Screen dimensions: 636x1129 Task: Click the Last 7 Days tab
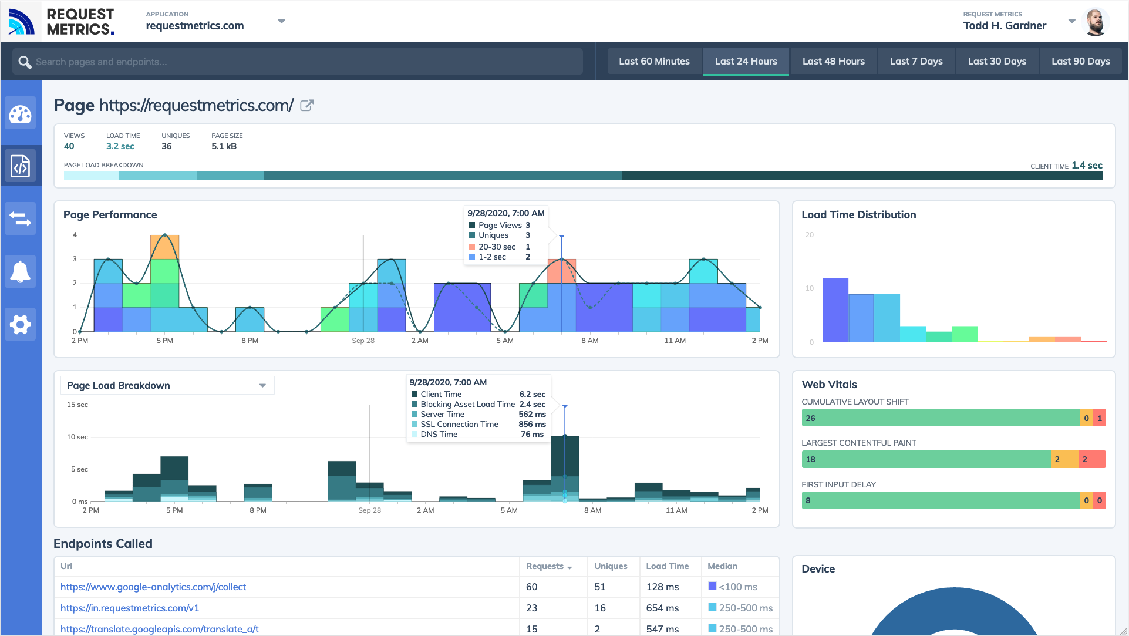coord(916,62)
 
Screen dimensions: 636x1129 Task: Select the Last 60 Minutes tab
coord(654,62)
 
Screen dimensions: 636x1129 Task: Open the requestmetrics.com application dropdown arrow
coord(282,22)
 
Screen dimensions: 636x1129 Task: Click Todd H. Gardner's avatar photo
coord(1094,22)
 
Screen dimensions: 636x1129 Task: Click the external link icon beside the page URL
coord(307,106)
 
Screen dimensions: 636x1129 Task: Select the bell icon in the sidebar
coord(21,272)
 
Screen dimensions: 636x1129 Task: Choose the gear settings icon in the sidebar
coord(21,324)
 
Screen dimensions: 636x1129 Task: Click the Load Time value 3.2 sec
coord(120,146)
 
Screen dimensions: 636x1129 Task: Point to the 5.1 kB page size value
coord(224,146)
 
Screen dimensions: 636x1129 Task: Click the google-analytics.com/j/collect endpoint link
coord(153,587)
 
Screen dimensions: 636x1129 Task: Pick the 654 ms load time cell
coord(662,608)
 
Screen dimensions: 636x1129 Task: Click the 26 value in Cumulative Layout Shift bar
coord(810,418)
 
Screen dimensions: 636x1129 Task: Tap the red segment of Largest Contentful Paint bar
coord(1092,459)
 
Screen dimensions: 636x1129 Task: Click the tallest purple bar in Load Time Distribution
coord(835,310)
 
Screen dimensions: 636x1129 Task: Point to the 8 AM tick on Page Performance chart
coord(589,341)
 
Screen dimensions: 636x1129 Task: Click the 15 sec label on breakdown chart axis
coord(77,405)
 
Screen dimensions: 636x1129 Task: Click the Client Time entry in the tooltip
coord(441,394)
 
